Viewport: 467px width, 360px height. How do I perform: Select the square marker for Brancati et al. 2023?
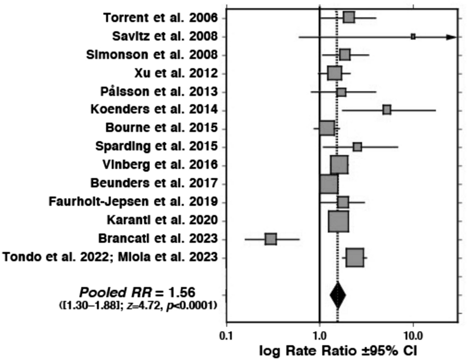click(x=271, y=239)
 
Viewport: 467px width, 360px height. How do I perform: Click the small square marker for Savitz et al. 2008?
click(x=413, y=36)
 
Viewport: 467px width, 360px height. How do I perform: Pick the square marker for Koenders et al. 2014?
click(x=387, y=109)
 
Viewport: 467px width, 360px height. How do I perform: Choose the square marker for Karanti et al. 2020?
click(x=338, y=221)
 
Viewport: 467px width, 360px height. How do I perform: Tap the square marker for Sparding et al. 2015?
click(x=357, y=147)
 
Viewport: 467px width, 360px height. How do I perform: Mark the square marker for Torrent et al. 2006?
click(x=349, y=18)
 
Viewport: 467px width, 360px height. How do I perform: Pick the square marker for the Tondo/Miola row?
click(x=355, y=257)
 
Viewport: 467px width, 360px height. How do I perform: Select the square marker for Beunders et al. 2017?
click(x=329, y=184)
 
